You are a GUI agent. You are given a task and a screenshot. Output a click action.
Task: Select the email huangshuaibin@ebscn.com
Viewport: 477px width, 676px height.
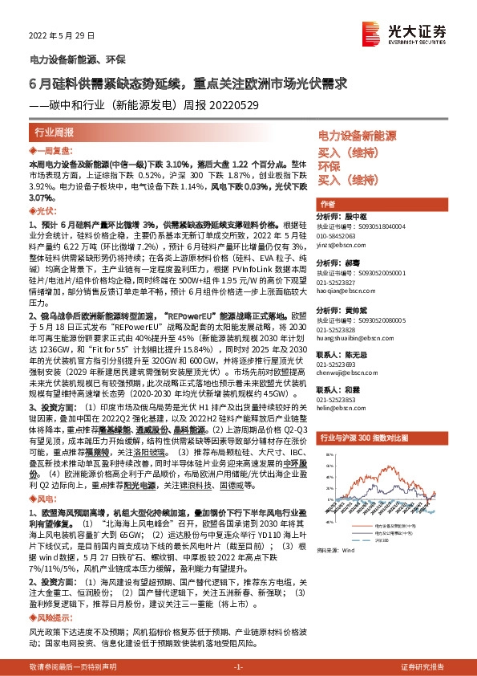(x=354, y=340)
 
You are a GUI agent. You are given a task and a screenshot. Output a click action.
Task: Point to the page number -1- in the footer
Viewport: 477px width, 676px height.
(x=238, y=667)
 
